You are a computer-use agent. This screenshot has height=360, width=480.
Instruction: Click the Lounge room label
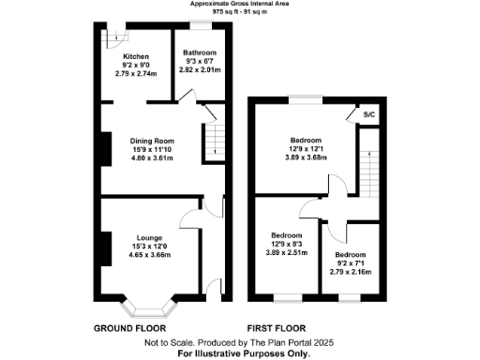(149, 237)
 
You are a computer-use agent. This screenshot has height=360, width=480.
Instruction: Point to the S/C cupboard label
(370, 114)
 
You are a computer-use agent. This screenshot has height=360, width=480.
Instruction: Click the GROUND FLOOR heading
(130, 329)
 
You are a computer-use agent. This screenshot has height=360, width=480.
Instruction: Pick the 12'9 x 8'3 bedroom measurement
(286, 244)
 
